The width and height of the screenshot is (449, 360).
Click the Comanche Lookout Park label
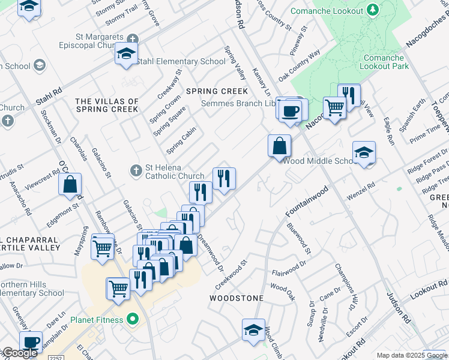[384, 62]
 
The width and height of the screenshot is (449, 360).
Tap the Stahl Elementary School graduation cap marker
[127, 53]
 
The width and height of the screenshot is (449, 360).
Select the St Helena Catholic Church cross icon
[136, 172]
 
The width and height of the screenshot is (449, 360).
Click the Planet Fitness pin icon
[133, 320]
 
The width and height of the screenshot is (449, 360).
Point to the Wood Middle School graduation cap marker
[364, 152]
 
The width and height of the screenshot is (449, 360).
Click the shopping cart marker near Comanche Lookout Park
[335, 108]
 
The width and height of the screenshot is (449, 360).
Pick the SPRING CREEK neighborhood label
[217, 91]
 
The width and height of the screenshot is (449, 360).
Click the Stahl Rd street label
[49, 97]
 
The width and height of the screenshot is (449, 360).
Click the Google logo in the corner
[19, 353]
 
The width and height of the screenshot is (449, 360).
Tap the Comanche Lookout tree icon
[373, 10]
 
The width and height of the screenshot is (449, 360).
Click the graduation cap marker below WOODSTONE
[253, 329]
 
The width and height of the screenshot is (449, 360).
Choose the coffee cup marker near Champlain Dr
[30, 342]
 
